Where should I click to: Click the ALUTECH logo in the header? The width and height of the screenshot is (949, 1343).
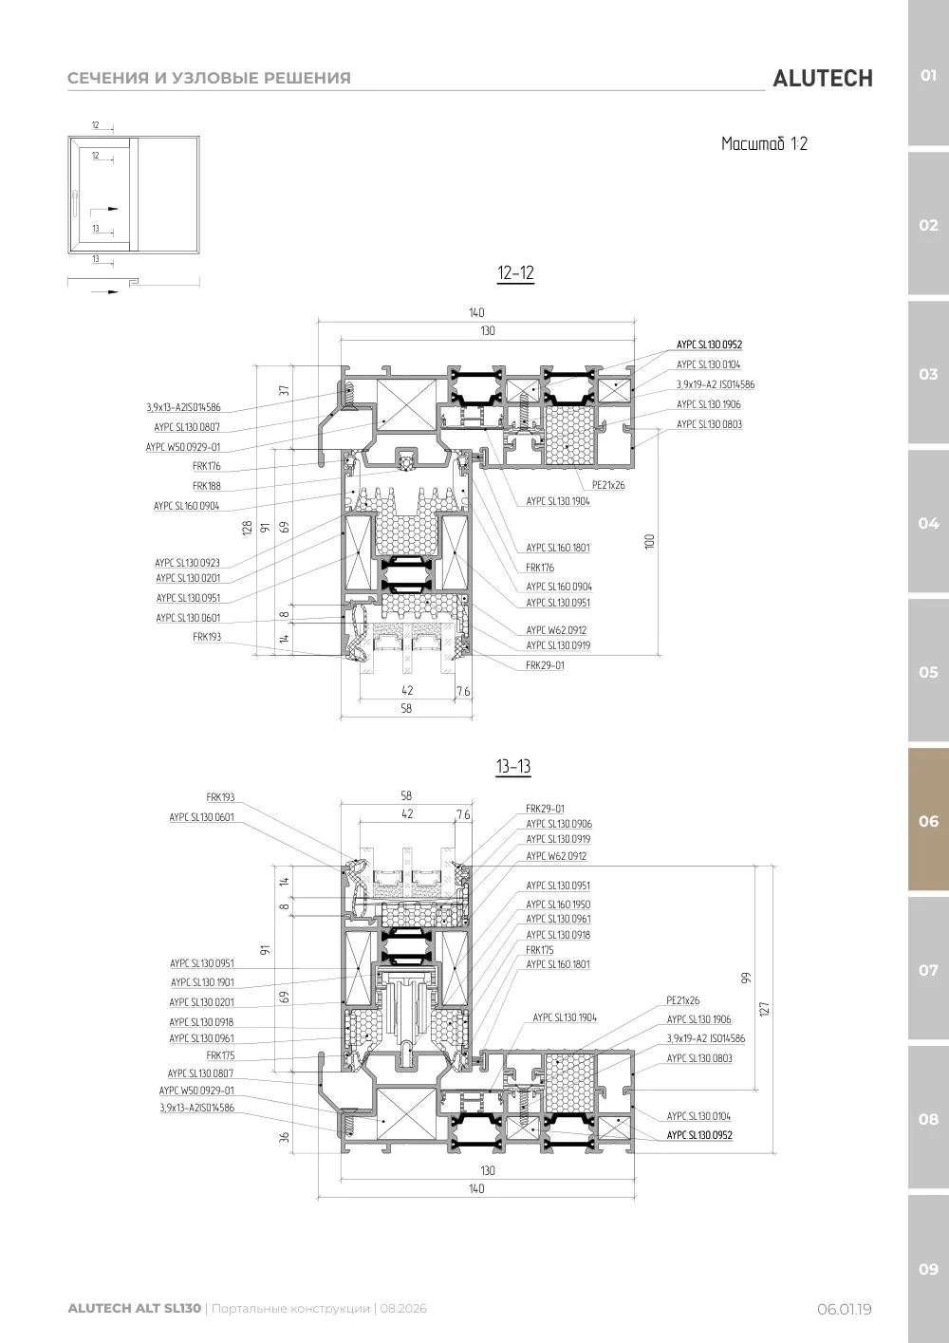click(823, 79)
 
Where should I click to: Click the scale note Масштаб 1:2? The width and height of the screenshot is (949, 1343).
click(764, 144)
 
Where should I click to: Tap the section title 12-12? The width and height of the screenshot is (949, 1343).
click(515, 273)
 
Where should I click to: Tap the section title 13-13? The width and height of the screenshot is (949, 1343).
click(513, 766)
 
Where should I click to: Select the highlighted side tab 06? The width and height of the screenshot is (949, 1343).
click(928, 820)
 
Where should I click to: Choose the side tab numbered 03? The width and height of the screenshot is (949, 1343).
click(928, 374)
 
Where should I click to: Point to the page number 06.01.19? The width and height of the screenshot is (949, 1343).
click(844, 1309)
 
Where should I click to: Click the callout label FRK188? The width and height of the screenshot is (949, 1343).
click(206, 486)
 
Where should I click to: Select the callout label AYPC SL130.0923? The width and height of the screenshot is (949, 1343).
click(188, 563)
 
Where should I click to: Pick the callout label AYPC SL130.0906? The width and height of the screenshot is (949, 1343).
click(559, 824)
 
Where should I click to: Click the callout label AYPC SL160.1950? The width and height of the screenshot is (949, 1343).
click(558, 905)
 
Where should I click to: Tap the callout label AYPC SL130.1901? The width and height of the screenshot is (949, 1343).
click(203, 982)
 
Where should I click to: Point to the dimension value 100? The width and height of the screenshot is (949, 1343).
click(650, 541)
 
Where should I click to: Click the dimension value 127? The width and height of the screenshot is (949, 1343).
click(764, 1009)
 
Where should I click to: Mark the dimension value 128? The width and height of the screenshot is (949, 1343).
click(247, 528)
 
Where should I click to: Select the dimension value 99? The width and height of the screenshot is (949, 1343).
click(746, 978)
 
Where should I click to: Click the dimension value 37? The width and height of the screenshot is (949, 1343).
click(284, 390)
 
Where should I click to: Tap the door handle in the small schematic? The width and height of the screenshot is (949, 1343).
click(75, 203)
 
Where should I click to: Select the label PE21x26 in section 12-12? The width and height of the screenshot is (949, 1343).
click(608, 485)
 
